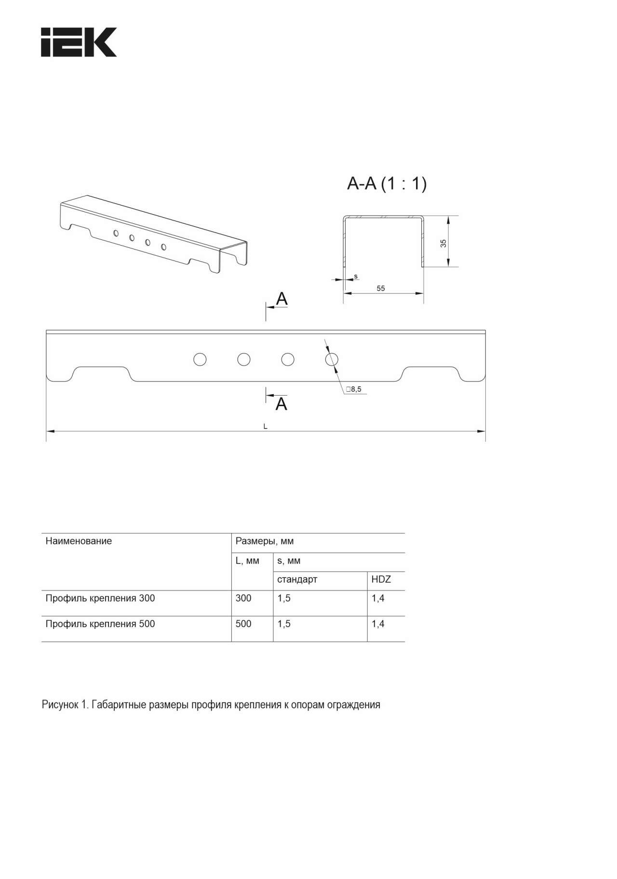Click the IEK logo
point(79,42)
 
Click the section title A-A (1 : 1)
point(387,184)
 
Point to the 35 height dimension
point(443,243)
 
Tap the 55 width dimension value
point(381,288)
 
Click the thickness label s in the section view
point(356,276)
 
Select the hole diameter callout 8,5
point(353,389)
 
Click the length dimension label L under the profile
point(265,426)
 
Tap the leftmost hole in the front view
point(200,359)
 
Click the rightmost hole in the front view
point(332,359)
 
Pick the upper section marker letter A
point(282,299)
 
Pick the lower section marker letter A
point(282,403)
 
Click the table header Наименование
point(79,541)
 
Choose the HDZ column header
point(381,579)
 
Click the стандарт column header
point(297,579)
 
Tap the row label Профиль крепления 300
point(100,598)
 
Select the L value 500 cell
point(243,624)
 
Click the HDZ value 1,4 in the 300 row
point(378,598)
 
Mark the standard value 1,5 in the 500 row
point(284,624)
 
